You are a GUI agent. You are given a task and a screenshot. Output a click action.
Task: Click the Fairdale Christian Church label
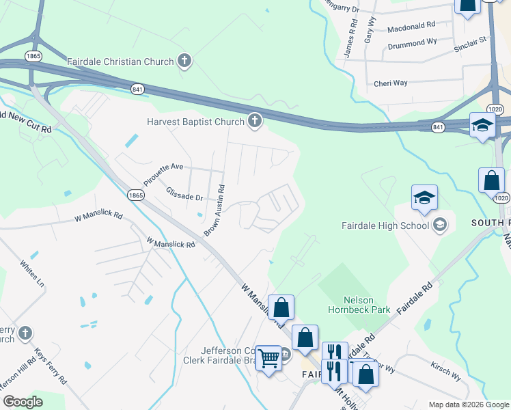(120, 61)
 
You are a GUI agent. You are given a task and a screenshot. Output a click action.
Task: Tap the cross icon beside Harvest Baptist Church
(254, 122)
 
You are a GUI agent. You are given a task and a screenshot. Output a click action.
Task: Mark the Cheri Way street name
(391, 83)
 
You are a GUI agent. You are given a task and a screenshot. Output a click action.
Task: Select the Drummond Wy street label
(412, 42)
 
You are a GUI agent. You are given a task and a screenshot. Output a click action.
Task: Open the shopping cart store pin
(268, 357)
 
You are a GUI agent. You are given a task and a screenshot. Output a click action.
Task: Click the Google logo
(23, 402)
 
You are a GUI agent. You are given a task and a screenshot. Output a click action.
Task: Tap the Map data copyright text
(468, 405)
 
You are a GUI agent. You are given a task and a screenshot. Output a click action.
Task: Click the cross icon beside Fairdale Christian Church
(184, 61)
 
